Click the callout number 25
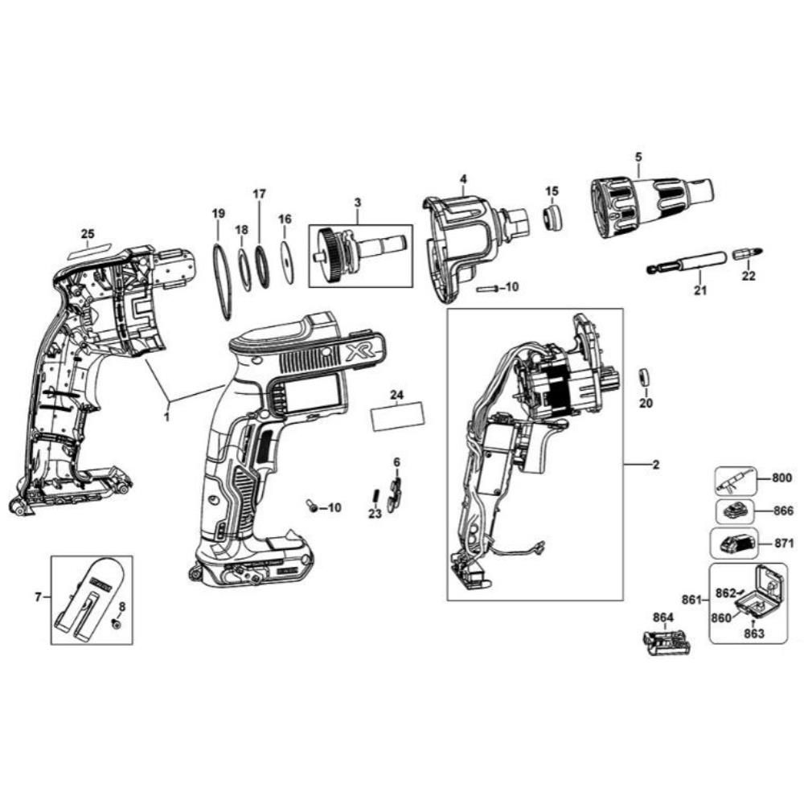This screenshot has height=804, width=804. [x=88, y=234]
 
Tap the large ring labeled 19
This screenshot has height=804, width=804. [x=222, y=281]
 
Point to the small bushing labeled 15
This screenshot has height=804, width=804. [x=551, y=218]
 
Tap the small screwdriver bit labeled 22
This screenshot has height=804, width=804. [x=749, y=254]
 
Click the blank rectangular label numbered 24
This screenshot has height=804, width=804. [x=399, y=419]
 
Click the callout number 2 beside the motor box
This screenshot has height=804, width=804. [x=655, y=466]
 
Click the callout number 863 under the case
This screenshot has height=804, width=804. [x=753, y=634]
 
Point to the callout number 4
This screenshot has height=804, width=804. [x=463, y=178]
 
